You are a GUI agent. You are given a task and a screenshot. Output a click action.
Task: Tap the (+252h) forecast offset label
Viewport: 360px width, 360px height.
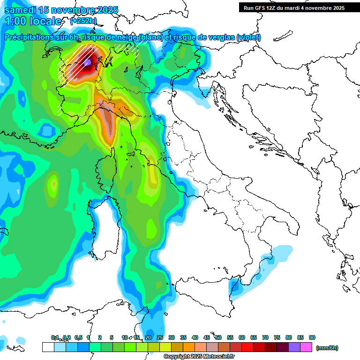point(83,21)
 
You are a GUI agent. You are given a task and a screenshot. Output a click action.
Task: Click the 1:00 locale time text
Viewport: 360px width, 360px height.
point(33,21)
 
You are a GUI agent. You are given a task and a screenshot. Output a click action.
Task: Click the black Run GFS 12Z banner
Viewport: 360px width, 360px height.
point(294,8)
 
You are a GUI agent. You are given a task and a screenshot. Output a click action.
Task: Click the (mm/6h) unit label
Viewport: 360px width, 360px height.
point(327,348)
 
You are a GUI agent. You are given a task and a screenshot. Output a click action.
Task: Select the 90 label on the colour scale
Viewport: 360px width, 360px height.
point(312,337)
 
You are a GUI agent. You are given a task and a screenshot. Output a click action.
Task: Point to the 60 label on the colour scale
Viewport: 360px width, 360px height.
point(242,337)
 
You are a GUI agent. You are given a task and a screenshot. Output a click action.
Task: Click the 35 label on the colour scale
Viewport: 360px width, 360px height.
point(183,337)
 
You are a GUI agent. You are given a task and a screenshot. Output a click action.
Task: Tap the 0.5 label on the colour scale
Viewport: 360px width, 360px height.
point(78,337)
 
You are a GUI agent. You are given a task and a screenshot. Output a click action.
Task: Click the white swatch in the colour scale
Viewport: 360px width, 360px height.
point(48,347)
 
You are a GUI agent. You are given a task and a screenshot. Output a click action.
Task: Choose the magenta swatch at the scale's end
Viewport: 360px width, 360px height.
point(306,347)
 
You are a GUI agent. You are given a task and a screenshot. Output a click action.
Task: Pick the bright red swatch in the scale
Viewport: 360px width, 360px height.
point(247,347)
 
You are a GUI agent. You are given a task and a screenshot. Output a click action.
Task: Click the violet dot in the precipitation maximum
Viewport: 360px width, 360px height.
point(88,62)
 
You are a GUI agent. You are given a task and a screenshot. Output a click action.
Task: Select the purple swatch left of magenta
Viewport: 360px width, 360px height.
point(294,347)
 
